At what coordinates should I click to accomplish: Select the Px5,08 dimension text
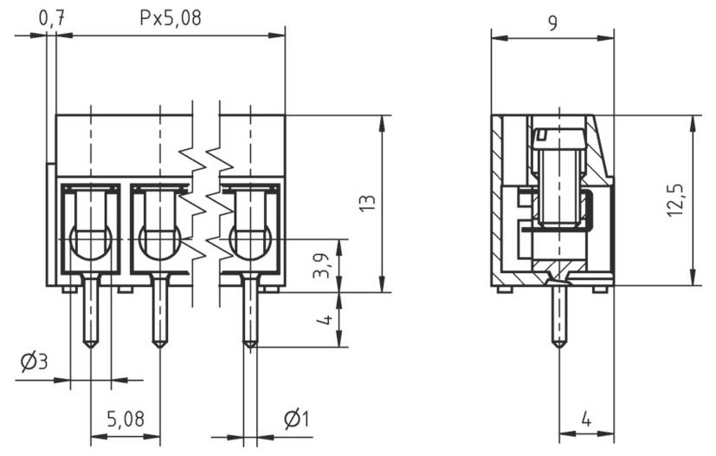(171, 17)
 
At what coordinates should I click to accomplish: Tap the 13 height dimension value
(367, 204)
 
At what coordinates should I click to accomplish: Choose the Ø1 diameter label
(296, 420)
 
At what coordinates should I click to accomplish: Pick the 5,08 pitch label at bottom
(126, 420)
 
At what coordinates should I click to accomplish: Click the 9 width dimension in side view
(552, 23)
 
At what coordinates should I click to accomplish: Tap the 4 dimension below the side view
(585, 420)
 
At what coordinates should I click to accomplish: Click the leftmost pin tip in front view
(90, 344)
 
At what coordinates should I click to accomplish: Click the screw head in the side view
(558, 136)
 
